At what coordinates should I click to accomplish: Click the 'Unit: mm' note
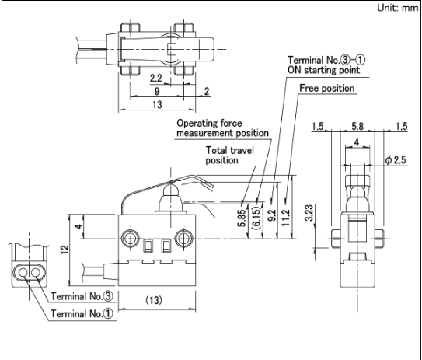coord(397,8)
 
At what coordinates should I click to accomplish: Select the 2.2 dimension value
coord(156,78)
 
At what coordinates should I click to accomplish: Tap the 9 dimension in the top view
coord(157,91)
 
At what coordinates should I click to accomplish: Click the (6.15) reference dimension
coord(256,218)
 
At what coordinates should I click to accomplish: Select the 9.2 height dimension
coord(272,215)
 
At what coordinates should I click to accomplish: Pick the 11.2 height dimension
coord(286,217)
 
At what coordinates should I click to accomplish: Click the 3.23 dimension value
coord(309,213)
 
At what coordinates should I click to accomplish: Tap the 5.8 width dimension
coord(357,126)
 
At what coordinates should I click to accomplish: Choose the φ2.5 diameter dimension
coord(396,160)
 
